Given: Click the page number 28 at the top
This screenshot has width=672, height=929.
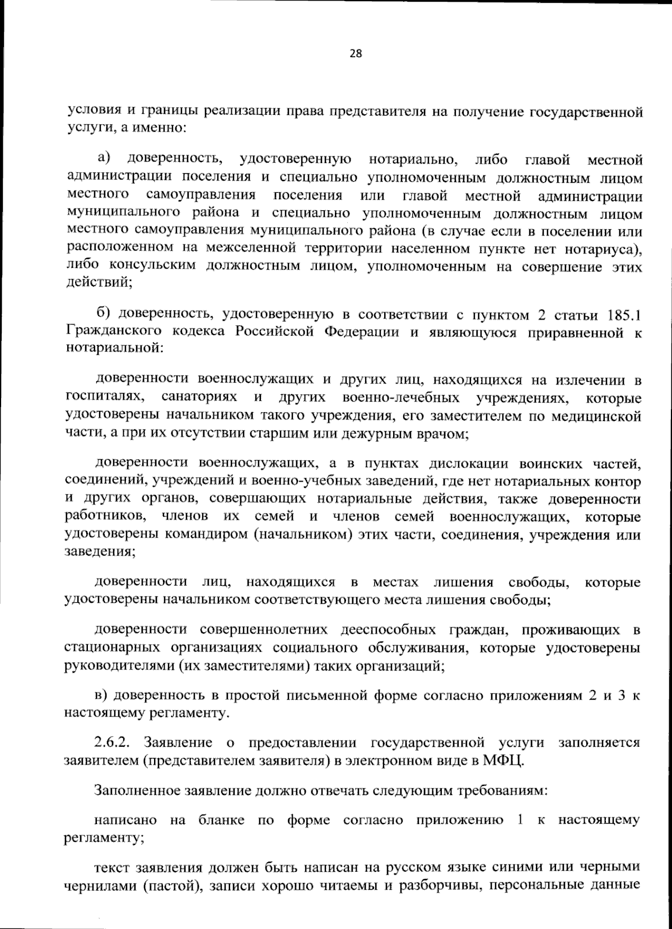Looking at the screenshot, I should (x=356, y=54).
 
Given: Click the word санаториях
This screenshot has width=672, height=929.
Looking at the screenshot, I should (x=200, y=398).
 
